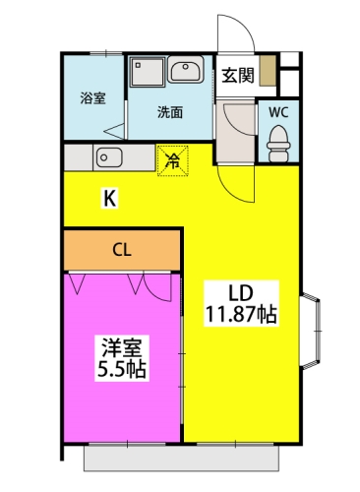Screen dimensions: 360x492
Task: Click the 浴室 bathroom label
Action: (x=92, y=98)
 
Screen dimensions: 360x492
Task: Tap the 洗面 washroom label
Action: (x=170, y=112)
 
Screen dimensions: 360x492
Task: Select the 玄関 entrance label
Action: (x=238, y=76)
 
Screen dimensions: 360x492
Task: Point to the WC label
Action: (x=278, y=112)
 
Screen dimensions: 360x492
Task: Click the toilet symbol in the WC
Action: (x=278, y=144)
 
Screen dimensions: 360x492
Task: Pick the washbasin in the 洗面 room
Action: (x=186, y=70)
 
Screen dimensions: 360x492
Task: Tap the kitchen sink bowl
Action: (x=109, y=157)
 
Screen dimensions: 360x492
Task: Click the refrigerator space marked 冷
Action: (x=173, y=160)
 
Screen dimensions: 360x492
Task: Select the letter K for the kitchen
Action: (x=109, y=198)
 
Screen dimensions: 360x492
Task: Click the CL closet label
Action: (x=122, y=250)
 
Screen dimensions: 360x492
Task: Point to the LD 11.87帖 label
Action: (x=241, y=303)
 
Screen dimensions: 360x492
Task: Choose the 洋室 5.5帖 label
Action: (x=122, y=358)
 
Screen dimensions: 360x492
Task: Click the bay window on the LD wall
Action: (x=310, y=332)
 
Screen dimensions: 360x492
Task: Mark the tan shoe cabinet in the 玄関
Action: (x=268, y=71)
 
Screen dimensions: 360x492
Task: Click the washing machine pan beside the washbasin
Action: (x=147, y=72)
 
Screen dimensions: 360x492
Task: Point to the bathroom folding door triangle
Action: (x=114, y=132)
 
